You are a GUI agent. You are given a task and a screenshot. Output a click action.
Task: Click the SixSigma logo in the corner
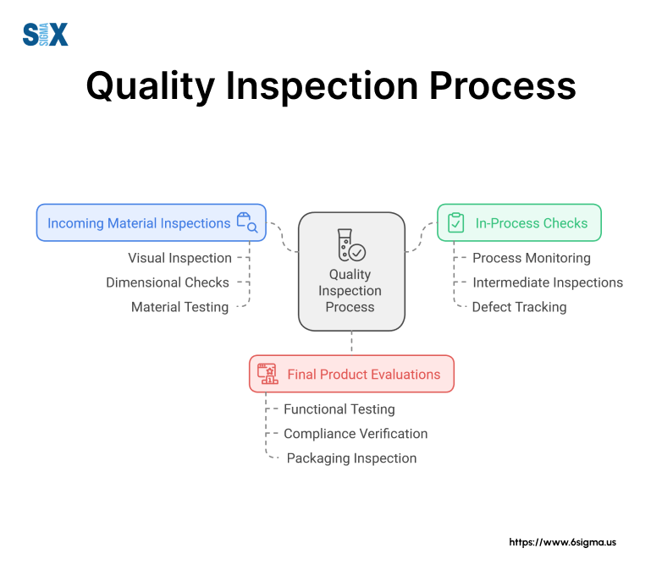(x=45, y=35)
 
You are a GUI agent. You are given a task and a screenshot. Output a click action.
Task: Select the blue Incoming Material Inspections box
(x=151, y=223)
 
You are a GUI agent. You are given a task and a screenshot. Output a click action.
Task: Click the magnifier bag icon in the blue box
(x=247, y=222)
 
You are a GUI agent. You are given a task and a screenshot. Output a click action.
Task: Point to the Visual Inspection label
(x=179, y=258)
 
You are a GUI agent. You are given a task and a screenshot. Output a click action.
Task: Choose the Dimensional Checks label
(x=168, y=282)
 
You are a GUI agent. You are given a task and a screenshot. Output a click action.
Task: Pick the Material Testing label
(x=179, y=307)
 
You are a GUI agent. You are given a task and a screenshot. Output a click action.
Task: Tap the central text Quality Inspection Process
(x=350, y=291)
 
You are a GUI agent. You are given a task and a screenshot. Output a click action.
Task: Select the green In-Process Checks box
(x=518, y=223)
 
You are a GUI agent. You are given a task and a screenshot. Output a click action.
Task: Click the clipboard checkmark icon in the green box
(x=456, y=222)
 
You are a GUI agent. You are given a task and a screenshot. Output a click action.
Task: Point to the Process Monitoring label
(x=532, y=258)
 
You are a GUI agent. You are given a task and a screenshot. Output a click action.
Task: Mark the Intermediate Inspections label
(x=548, y=282)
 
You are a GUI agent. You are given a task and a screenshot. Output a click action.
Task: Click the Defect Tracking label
(x=520, y=307)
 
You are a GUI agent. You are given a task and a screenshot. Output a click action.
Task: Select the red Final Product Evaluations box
(x=351, y=374)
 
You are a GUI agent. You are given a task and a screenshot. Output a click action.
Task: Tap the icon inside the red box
(x=268, y=374)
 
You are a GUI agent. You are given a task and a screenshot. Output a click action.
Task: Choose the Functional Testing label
(x=339, y=409)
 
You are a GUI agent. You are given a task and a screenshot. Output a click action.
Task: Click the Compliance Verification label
(x=356, y=434)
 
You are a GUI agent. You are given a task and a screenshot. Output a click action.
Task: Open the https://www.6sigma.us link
(x=562, y=542)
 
